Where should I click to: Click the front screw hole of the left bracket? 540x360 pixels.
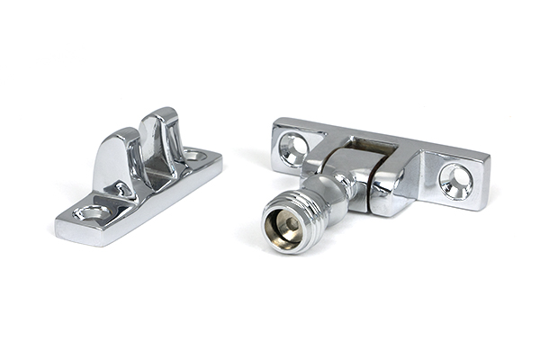tap(93, 213)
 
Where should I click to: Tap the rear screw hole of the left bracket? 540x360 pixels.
tap(193, 156)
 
